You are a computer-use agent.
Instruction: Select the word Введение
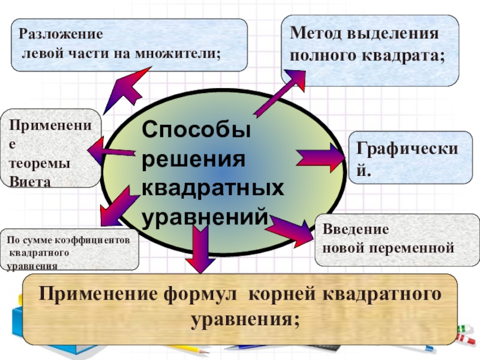pos(356,230)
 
